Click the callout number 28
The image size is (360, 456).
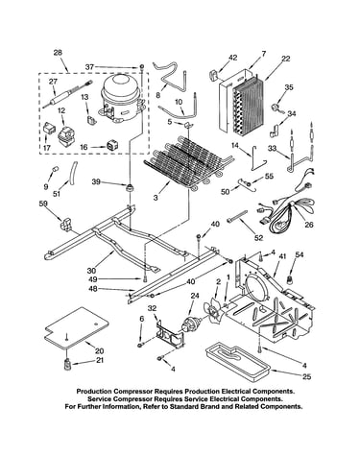coord(58,53)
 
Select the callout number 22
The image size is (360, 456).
coord(285,59)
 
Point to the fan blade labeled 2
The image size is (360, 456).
coord(213,309)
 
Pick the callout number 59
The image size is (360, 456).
coord(43,203)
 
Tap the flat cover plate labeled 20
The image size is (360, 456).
coord(76,327)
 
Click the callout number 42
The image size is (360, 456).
coord(233,58)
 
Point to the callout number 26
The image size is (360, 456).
coord(309,225)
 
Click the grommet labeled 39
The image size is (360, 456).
coord(130,187)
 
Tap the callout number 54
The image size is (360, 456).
coord(300,254)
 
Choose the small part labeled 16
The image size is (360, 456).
coord(112,146)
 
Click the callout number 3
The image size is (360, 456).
coord(156,198)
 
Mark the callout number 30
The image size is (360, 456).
coord(91,271)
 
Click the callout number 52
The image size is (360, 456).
coord(258,238)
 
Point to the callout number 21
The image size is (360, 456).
coord(100,360)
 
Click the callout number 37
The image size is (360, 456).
coord(90,67)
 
